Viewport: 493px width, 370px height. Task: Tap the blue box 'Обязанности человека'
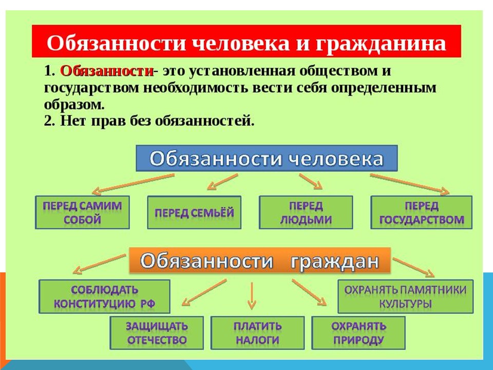tap(266, 158)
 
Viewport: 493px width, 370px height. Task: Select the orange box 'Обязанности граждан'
tap(260, 261)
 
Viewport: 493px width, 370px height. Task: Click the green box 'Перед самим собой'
tap(83, 213)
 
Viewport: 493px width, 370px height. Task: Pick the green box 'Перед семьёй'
tap(194, 212)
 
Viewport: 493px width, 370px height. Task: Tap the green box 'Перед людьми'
tap(306, 213)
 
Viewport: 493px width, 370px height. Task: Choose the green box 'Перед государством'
tap(421, 213)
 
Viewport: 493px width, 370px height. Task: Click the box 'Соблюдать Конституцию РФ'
tap(105, 297)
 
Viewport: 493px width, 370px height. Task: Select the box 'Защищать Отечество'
tap(157, 333)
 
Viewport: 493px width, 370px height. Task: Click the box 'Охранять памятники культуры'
tap(405, 297)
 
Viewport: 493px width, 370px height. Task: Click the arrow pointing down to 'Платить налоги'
tap(251, 297)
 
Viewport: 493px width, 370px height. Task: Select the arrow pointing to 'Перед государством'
tap(409, 183)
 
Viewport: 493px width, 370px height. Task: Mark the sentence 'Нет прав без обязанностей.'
tap(149, 121)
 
